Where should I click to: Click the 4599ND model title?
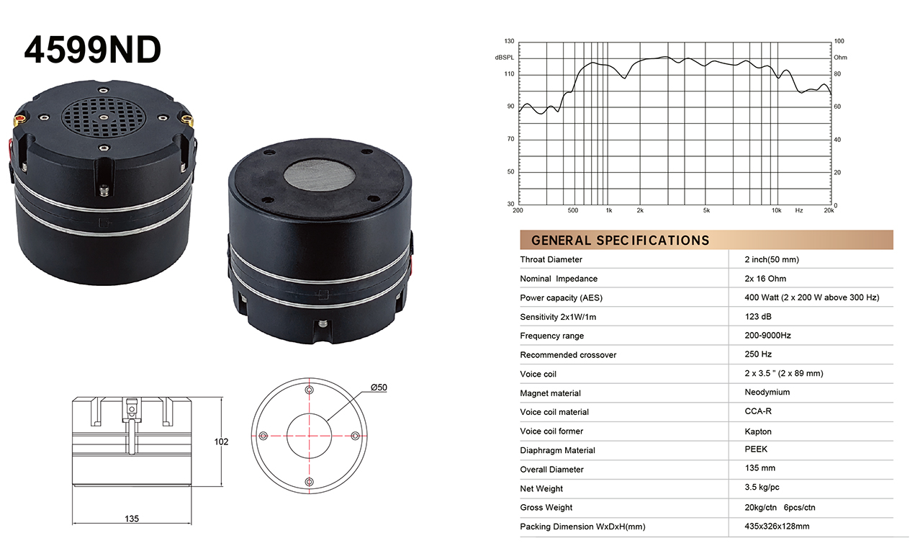click(93, 50)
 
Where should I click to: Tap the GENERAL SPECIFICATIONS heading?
click(620, 241)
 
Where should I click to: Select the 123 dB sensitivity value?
click(758, 316)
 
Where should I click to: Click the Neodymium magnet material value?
click(767, 392)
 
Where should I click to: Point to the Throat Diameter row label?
click(551, 259)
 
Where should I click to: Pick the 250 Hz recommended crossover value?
click(758, 354)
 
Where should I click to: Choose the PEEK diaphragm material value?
click(756, 449)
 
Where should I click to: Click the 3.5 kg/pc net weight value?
click(762, 487)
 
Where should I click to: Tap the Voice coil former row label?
click(551, 431)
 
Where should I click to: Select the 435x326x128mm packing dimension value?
click(777, 526)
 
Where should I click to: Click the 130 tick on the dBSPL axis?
click(509, 41)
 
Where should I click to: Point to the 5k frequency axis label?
click(706, 210)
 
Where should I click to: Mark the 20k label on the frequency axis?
click(829, 210)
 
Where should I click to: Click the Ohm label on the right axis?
click(840, 58)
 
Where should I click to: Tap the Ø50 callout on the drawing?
click(379, 387)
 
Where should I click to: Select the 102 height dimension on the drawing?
click(222, 442)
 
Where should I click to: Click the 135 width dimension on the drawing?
click(132, 519)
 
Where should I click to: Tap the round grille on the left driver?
click(104, 117)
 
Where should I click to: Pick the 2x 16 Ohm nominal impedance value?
click(765, 279)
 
